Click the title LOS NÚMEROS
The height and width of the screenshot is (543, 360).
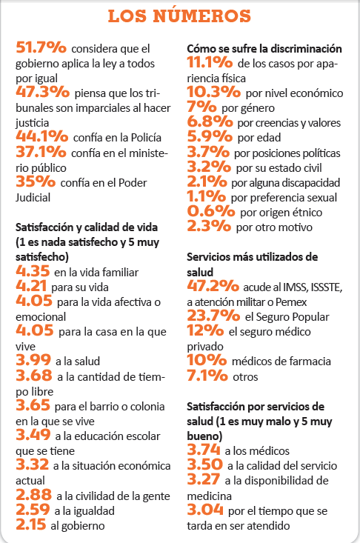coord(179,16)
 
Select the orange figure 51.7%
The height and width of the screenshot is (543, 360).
coord(41,47)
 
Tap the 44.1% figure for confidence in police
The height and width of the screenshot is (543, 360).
coord(42,136)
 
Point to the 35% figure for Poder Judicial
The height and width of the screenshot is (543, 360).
coord(36,181)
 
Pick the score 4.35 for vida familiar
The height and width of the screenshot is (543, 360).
coord(33,270)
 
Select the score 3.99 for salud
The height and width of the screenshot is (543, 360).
coord(33,360)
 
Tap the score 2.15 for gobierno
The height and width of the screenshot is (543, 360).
coord(31,524)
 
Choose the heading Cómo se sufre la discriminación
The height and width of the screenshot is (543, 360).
coord(264,48)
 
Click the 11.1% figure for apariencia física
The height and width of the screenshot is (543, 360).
coord(210,62)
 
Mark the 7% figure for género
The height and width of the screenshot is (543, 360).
coord(201,107)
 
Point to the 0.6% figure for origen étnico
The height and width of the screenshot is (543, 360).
coord(211,211)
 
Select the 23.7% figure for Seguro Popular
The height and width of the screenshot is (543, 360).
coord(213,315)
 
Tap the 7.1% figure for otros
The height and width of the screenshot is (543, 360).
coord(207,375)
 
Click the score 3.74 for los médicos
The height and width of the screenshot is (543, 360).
coord(204,450)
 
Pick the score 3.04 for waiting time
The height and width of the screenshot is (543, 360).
coord(205,510)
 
